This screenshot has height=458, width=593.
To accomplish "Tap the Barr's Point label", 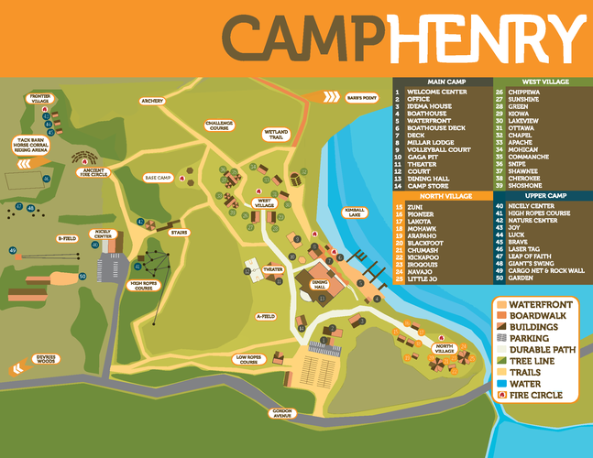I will tap(362, 97).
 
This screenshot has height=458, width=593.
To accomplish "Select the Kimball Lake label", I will tap(355, 212).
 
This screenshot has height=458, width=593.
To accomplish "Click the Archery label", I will tap(151, 101).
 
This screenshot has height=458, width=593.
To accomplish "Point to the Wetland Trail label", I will tap(276, 135).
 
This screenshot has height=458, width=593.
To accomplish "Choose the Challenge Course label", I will tap(219, 125).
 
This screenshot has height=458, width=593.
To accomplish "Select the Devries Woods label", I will tap(47, 358).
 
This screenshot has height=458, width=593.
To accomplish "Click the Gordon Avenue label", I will tap(281, 413).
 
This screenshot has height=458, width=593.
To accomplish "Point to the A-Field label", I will tap(266, 316).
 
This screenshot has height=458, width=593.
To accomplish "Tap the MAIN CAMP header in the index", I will tap(443, 82).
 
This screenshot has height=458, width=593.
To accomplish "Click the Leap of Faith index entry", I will tap(529, 256).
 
